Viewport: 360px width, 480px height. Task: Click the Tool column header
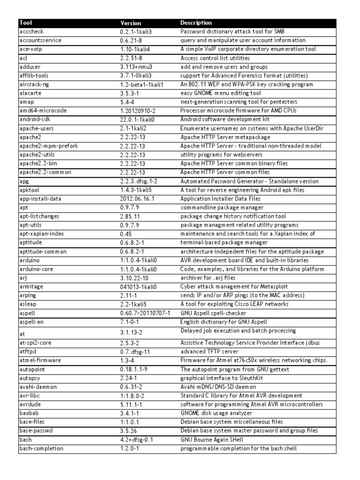click(x=26, y=22)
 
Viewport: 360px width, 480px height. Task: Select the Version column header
click(x=130, y=22)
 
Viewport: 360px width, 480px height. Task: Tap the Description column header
click(x=196, y=22)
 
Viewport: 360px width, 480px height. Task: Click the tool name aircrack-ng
click(x=34, y=84)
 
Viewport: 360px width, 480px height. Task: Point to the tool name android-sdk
click(x=34, y=120)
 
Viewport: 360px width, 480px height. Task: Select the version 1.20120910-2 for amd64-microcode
click(x=139, y=111)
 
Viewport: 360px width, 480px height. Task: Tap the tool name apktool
click(x=30, y=190)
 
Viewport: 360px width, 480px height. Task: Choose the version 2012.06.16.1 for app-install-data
click(x=137, y=199)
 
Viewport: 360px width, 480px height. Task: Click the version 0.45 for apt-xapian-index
click(x=126, y=234)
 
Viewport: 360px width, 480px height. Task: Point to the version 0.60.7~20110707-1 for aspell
click(x=145, y=313)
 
